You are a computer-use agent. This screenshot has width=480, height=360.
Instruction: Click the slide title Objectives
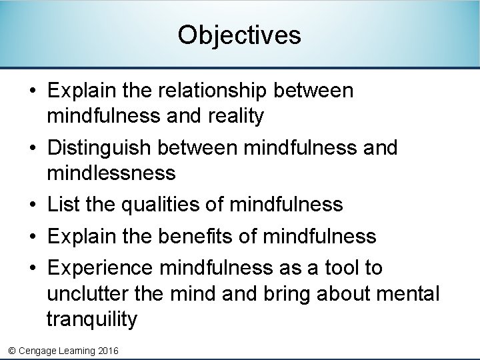click(239, 35)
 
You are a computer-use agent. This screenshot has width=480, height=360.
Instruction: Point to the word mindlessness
click(111, 174)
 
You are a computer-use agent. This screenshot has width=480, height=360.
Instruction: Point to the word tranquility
click(91, 320)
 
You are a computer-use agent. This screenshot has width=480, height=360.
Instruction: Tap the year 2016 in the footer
click(107, 351)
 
